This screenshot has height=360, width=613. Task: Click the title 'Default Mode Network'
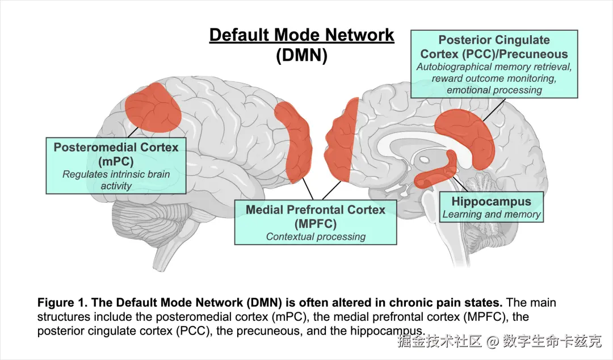[301, 35]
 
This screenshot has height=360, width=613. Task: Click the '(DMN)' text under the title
[301, 55]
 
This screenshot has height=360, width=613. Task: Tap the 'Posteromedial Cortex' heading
[116, 148]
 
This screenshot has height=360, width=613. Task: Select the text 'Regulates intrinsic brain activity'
[116, 180]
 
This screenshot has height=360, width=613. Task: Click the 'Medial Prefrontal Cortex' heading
[316, 210]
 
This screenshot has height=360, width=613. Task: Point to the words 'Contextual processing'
[316, 237]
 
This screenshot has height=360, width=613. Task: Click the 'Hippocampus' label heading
[492, 202]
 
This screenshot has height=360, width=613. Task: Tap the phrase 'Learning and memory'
[492, 215]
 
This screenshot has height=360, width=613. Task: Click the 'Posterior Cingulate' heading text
[494, 40]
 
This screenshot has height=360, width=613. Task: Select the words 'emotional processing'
[494, 90]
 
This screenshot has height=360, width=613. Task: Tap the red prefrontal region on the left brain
[293, 141]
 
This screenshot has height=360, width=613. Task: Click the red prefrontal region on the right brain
[341, 140]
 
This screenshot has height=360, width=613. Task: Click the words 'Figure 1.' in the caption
[62, 303]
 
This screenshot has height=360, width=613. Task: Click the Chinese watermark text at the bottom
[499, 341]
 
